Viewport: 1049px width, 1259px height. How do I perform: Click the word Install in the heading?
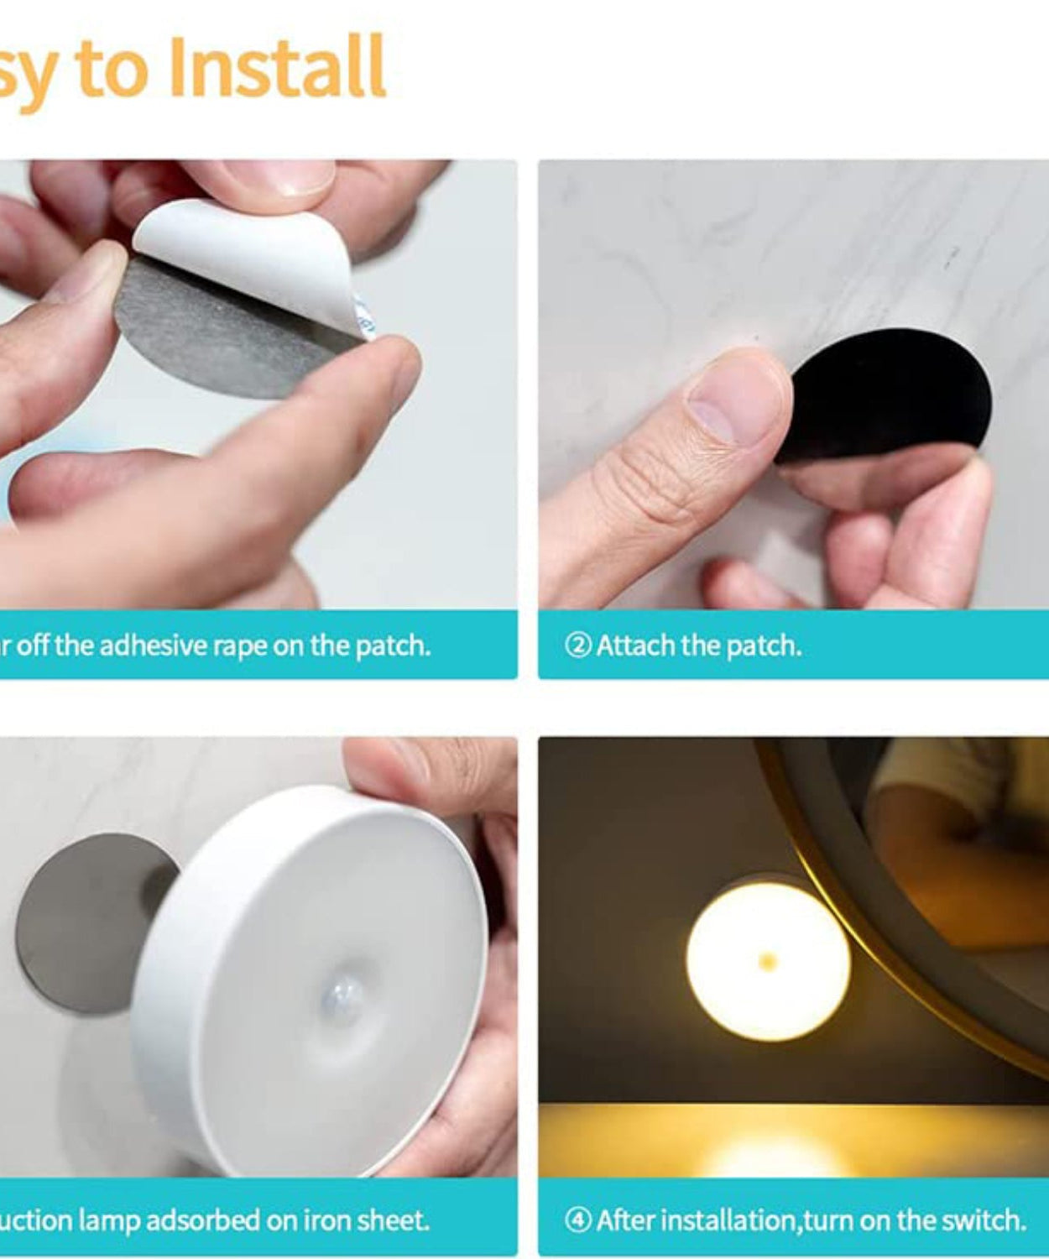277,67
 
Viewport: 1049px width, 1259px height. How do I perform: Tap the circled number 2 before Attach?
578,645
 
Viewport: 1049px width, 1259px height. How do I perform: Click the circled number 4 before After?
578,1220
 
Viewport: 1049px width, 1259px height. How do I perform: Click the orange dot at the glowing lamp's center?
767,961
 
